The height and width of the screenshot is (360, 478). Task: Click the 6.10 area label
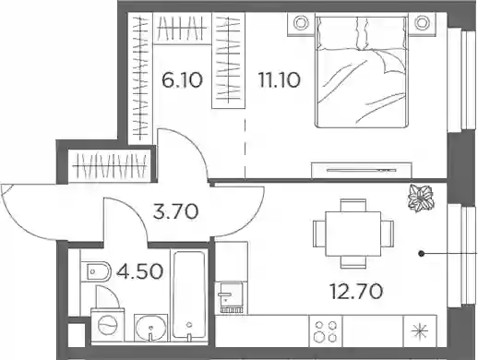point(182,80)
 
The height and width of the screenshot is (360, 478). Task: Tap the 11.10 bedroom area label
point(280,80)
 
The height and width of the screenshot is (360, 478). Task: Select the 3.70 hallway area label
point(176,212)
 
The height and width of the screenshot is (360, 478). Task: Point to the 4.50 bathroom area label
point(140,272)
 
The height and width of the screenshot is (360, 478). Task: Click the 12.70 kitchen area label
point(356,292)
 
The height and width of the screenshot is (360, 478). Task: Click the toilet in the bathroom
point(96,271)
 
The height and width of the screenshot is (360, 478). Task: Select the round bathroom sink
point(150,328)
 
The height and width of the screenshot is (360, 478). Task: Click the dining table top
point(353,234)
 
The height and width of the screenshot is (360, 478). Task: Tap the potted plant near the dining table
point(421,198)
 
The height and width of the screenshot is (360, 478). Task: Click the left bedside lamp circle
point(300,23)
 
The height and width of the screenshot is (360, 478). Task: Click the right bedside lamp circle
point(421,23)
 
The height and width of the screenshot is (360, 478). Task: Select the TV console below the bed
point(362,170)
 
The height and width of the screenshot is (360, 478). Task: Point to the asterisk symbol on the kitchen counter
point(420,331)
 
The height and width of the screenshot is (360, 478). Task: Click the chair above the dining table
point(353,205)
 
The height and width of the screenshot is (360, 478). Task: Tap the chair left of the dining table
point(319,234)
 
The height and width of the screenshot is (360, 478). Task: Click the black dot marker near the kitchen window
point(422,254)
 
